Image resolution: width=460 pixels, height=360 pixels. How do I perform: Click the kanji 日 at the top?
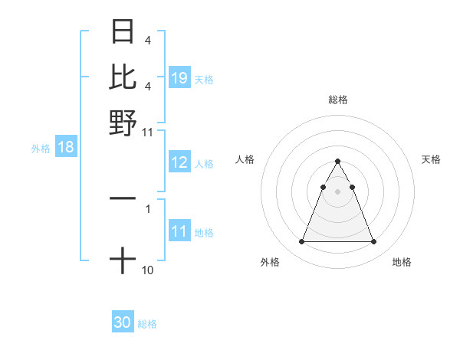coord(123,32)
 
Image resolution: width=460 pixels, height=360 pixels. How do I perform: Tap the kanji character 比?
coord(123,77)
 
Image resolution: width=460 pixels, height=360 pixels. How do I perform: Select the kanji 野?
coord(123,122)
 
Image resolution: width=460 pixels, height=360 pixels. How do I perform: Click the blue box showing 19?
coord(179,78)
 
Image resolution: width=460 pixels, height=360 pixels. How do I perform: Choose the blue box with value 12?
coord(179,163)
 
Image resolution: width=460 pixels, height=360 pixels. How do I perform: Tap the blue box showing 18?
coord(66,147)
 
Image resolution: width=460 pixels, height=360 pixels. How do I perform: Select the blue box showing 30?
coord(123,322)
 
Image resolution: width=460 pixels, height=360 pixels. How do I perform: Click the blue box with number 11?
coord(179,232)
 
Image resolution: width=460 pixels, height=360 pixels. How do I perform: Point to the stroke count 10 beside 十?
coord(148,270)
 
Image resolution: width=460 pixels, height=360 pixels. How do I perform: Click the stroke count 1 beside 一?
coord(148,207)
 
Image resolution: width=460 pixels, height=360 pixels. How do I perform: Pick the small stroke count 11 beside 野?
coord(148,132)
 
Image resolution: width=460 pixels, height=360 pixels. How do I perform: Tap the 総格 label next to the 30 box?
coord(147,324)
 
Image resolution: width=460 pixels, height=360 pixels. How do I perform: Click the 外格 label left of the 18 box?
coord(41,149)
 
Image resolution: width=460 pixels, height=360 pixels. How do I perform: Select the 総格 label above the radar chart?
coord(337,100)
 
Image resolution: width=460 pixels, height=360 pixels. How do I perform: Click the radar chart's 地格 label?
coord(402,262)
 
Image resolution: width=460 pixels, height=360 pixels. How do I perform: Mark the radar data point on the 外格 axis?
coord(301,242)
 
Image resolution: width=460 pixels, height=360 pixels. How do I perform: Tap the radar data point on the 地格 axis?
coord(373,242)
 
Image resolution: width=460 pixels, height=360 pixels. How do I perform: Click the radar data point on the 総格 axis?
coord(337,162)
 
